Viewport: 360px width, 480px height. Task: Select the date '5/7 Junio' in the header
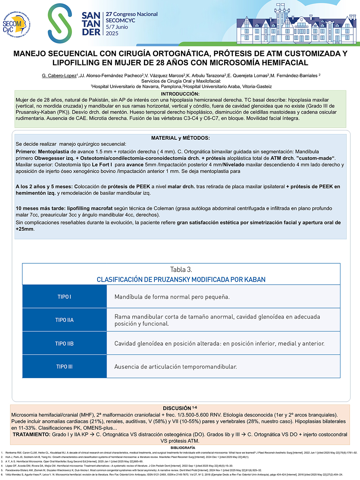117,27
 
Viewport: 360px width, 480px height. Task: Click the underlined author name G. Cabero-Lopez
59,76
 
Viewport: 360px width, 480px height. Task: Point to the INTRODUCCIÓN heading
180,94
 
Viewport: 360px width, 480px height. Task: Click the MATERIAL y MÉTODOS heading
180,138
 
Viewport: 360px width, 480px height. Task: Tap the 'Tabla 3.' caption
181,269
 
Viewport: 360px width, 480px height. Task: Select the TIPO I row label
64,297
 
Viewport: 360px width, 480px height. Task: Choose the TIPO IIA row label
64,320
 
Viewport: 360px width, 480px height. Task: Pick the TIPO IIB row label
64,343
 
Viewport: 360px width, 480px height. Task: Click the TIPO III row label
64,367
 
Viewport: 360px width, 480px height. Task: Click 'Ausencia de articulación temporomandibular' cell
176,367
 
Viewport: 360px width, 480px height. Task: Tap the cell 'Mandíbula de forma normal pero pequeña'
172,297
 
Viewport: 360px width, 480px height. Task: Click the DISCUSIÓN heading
177,408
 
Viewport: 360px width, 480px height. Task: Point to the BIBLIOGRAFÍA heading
183,448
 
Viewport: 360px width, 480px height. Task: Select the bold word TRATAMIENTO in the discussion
31,435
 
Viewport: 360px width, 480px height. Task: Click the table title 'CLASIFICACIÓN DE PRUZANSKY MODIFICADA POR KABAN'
181,280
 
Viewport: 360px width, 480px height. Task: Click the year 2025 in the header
112,33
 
